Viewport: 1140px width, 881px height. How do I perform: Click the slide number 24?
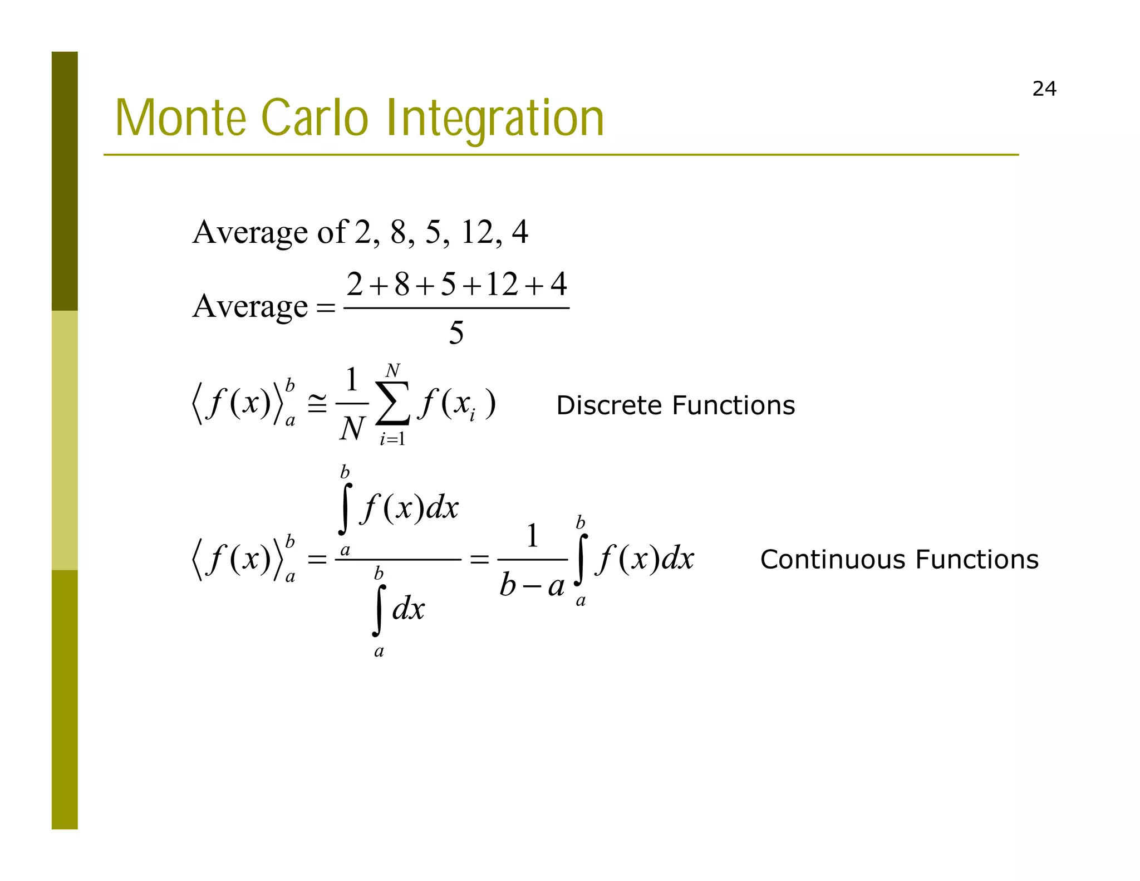coord(1044,89)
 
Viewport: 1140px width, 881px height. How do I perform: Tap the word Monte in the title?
coord(180,118)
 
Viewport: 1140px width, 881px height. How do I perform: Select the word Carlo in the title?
coord(315,118)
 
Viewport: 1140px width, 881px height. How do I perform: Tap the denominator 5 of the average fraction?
coord(456,333)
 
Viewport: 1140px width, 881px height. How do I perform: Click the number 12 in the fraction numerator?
coord(502,285)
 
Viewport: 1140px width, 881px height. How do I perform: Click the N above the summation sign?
coord(392,370)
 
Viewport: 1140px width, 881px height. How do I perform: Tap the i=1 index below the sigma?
coord(392,439)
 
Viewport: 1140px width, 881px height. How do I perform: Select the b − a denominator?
coord(532,586)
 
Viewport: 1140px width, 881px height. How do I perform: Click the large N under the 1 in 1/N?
coord(352,429)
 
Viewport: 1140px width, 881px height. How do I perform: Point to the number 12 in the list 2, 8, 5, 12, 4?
coord(478,232)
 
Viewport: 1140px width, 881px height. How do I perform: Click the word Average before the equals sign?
coord(250,306)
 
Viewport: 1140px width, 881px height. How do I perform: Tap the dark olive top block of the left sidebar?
coord(65,181)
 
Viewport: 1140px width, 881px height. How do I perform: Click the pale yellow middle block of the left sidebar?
coord(65,440)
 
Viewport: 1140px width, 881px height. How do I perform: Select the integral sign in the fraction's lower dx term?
coord(379,610)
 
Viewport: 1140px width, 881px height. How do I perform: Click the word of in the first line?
coord(332,232)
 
